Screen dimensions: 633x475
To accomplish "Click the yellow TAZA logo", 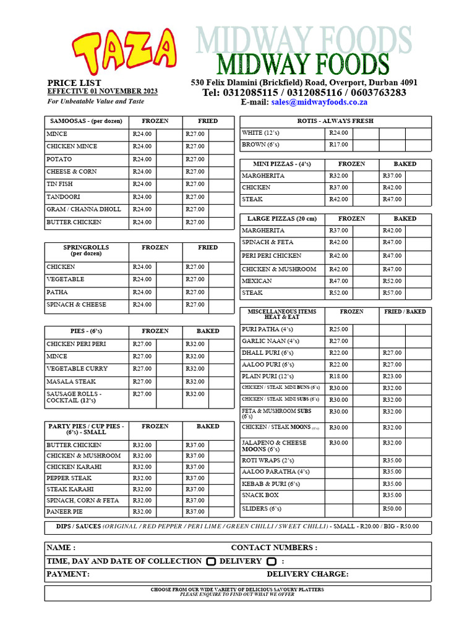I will [x=124, y=53].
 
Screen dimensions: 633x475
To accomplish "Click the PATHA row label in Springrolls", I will [x=57, y=292].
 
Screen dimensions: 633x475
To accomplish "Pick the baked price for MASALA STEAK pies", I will [x=195, y=382].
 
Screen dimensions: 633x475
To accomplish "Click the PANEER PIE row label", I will [x=65, y=512].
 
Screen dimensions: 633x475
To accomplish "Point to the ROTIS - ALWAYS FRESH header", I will [x=335, y=121].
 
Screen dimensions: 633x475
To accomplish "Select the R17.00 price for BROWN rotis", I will [x=338, y=145].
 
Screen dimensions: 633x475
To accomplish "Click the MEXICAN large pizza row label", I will [x=257, y=281].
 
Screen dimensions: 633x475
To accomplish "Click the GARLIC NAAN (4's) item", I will [x=270, y=341].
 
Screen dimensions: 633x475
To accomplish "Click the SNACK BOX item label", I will [x=260, y=496].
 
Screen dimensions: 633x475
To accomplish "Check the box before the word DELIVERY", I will [x=211, y=561].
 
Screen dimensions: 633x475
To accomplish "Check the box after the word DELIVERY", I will [x=271, y=561].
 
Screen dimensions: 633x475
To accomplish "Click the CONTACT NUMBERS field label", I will [x=274, y=548].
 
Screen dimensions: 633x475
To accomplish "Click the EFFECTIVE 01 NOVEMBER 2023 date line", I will [x=102, y=91].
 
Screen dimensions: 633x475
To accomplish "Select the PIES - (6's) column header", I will [x=87, y=331].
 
